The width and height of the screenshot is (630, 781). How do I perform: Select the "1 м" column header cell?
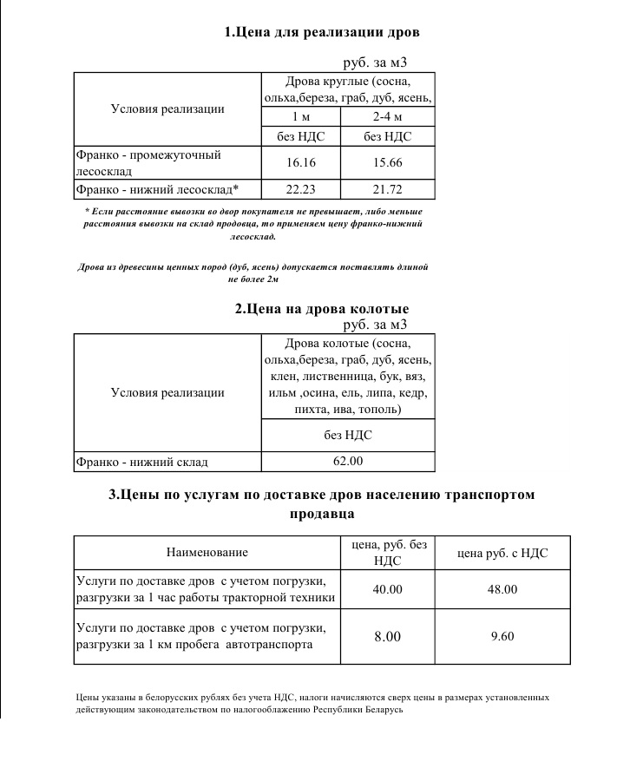[299, 116]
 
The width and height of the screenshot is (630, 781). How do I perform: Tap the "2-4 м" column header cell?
[387, 116]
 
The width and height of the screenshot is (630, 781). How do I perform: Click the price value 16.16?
[299, 162]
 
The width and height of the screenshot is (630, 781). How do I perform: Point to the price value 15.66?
[387, 162]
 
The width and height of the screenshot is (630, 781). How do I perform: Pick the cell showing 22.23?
[299, 189]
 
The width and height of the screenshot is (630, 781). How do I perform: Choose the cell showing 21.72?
[387, 189]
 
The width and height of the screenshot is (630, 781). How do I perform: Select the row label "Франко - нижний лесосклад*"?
[157, 189]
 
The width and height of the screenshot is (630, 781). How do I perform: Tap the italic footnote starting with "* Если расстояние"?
[253, 223]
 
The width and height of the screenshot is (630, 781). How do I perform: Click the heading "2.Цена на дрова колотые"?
[322, 309]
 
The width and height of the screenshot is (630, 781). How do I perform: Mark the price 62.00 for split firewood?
[348, 462]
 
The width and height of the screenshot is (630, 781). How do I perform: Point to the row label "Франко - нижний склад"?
[142, 462]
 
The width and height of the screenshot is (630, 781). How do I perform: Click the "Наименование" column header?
[207, 552]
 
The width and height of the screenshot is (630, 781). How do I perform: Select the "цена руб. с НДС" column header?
[502, 552]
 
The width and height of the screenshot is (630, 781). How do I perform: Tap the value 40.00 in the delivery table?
[387, 589]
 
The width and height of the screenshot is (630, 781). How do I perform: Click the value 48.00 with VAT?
[502, 589]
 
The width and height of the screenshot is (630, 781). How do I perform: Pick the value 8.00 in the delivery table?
[387, 637]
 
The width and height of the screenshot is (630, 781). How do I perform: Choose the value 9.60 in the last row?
[502, 637]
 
